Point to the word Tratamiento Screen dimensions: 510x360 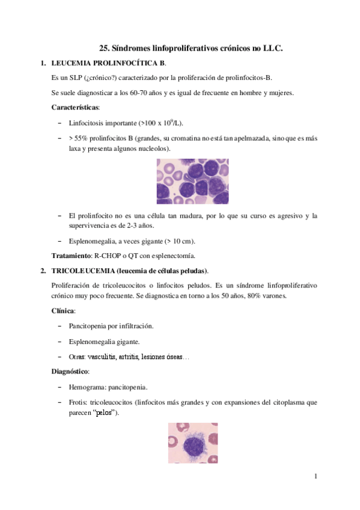72,256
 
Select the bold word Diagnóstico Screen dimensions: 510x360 70,372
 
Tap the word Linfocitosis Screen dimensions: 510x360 90,123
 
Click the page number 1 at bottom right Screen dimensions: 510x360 315,477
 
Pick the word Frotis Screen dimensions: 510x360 79,402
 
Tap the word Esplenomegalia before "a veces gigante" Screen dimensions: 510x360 95,241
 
